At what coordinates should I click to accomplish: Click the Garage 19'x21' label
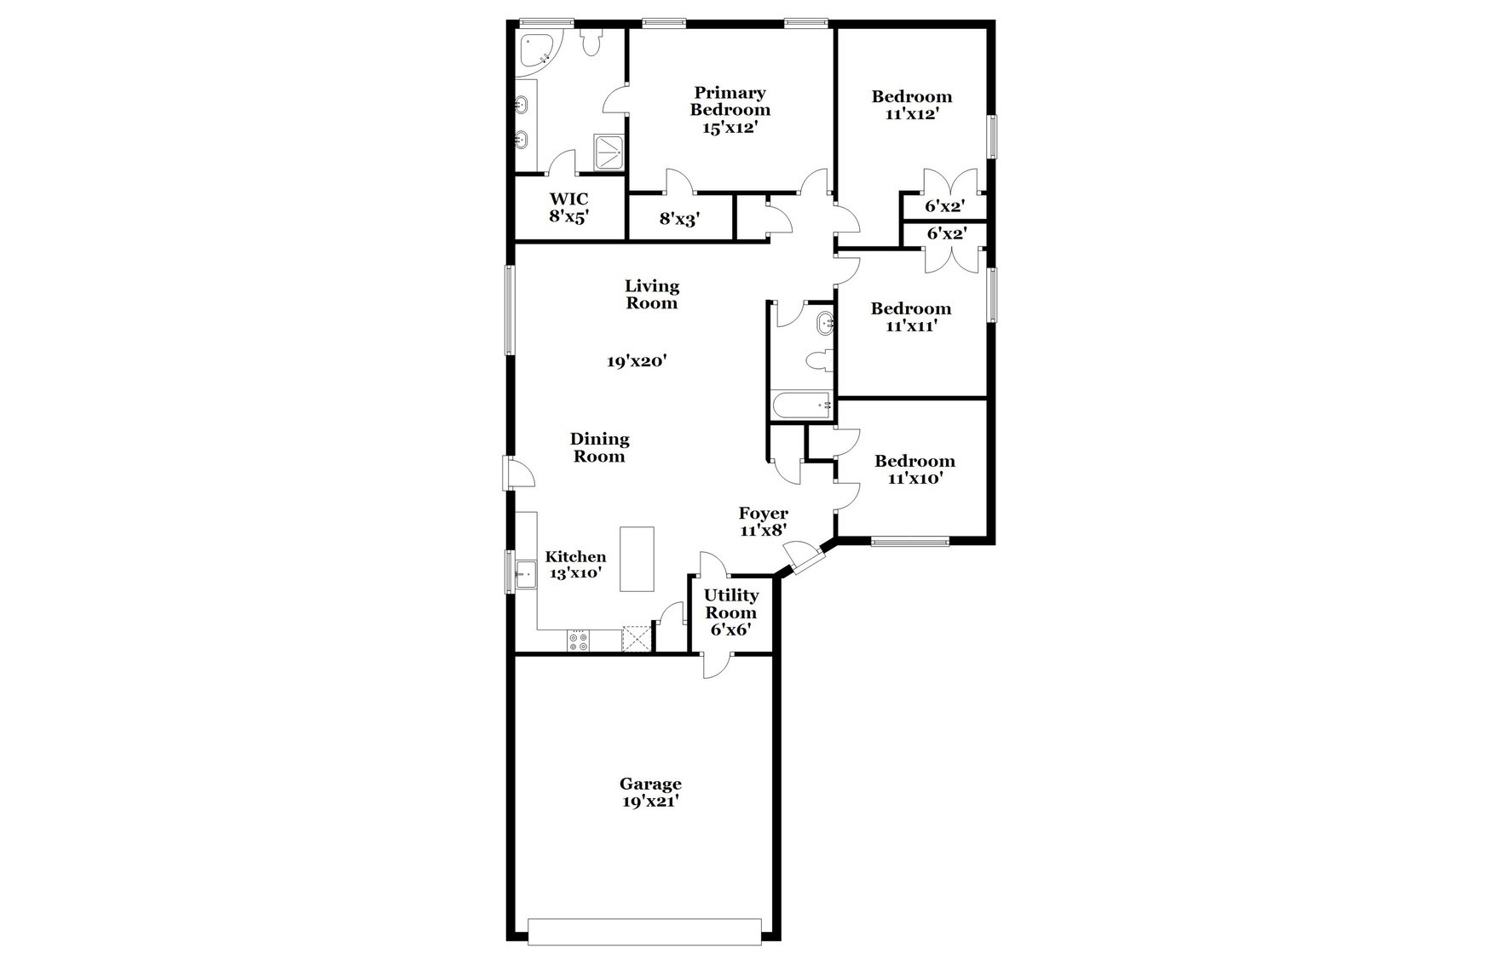click(649, 792)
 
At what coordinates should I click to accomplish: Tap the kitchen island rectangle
click(637, 559)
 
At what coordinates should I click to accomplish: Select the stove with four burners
click(578, 641)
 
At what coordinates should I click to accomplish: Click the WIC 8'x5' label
click(568, 208)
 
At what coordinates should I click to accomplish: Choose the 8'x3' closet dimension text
click(679, 219)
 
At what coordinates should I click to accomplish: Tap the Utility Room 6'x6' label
click(731, 612)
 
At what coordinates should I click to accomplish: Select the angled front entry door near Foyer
click(805, 559)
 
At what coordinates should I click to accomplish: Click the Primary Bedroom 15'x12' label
click(730, 110)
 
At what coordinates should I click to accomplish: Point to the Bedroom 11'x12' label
click(911, 105)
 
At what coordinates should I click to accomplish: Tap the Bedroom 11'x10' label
click(914, 469)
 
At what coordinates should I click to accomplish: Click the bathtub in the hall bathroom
click(801, 406)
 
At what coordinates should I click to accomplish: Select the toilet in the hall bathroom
click(819, 361)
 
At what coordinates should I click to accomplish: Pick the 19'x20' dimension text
click(636, 361)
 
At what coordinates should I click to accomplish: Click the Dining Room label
click(599, 447)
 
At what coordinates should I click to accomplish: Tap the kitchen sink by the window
click(524, 572)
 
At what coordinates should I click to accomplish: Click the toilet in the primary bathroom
click(591, 43)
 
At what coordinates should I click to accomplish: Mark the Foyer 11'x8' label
click(763, 521)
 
